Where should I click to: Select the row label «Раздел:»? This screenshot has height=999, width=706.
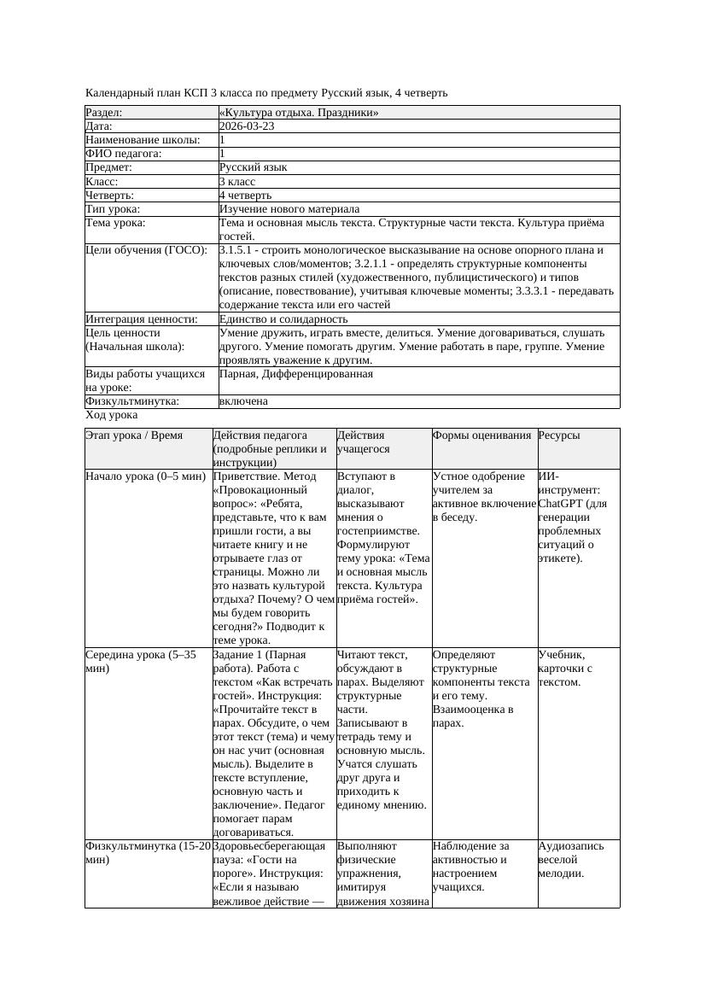(x=104, y=113)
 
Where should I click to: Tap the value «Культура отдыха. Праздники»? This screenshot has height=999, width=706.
(x=299, y=113)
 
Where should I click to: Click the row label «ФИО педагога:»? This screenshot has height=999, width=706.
(x=124, y=154)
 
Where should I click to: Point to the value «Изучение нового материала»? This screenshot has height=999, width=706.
(x=289, y=209)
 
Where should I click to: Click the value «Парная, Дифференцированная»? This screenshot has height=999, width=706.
(x=295, y=374)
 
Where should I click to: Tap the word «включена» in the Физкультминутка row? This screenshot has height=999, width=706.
(x=243, y=401)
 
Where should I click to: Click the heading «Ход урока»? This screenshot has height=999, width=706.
(x=112, y=415)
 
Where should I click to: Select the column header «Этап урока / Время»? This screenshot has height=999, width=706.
(x=134, y=435)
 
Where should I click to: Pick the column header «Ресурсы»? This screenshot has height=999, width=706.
(x=559, y=435)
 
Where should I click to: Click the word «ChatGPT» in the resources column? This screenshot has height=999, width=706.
(x=559, y=504)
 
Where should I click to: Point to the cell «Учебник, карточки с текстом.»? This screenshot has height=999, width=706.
(x=565, y=669)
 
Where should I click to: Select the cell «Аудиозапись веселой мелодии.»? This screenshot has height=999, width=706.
(x=570, y=860)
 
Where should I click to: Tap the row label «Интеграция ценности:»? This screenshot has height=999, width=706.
(x=142, y=319)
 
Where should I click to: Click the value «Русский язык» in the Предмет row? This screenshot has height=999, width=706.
(x=253, y=167)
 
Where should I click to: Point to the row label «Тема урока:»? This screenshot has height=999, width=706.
(x=116, y=223)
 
